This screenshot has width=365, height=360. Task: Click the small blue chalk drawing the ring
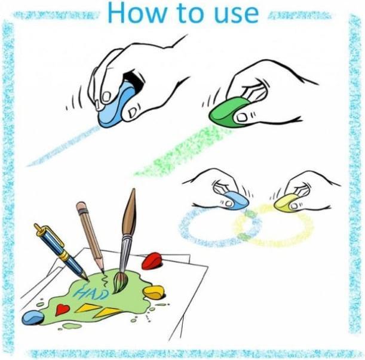pos(237,201)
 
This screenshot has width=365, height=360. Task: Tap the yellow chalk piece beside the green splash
pos(154,292)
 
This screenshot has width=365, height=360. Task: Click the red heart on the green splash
pos(62,309)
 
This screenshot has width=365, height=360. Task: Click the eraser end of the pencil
pos(81,207)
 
